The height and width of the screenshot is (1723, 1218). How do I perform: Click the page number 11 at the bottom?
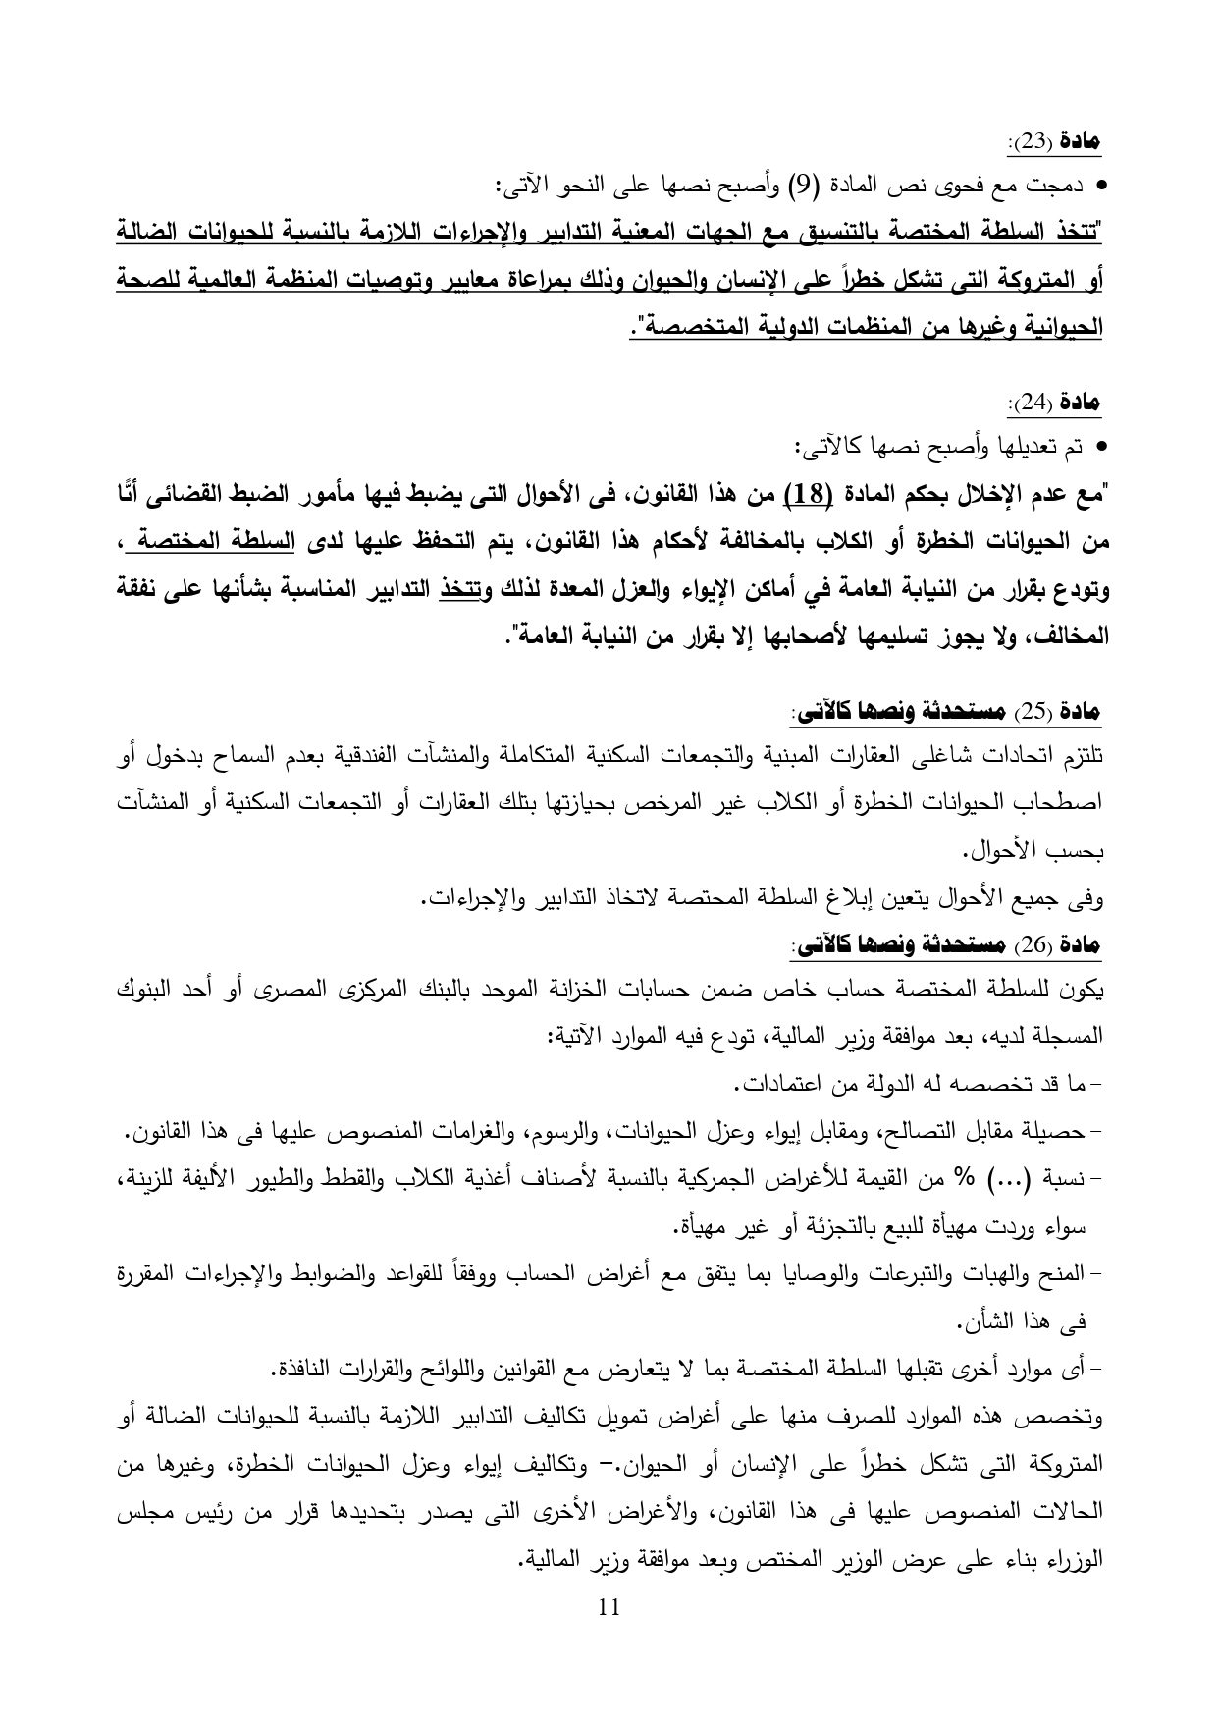coord(609,1607)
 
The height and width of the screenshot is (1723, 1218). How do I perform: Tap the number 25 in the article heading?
coord(1031,710)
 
